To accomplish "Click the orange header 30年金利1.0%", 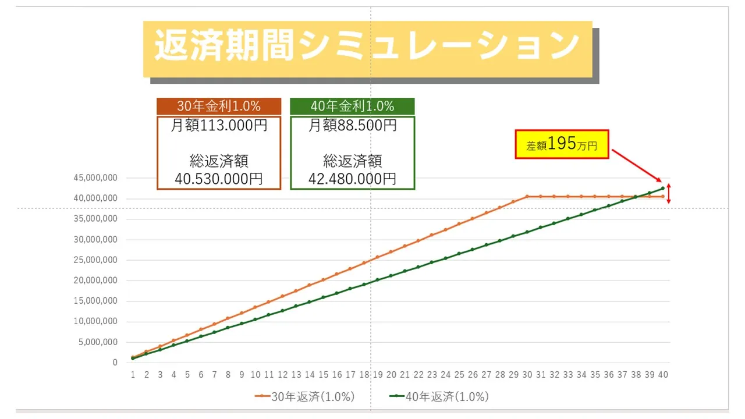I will (x=218, y=106).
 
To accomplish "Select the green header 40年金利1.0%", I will (x=352, y=106).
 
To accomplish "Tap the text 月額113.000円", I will (x=219, y=125).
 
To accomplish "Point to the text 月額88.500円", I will (x=352, y=125).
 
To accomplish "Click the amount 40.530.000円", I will (x=219, y=179).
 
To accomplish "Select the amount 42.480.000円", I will (x=352, y=179).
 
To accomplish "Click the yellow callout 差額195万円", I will (x=562, y=144).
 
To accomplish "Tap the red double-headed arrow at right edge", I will (x=669, y=193).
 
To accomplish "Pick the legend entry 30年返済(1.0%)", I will (x=305, y=397).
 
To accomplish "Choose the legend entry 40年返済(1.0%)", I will (x=439, y=397).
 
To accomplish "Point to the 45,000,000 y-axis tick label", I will (x=95, y=178).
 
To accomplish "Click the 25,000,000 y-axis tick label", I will (x=95, y=260).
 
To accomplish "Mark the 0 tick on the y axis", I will (x=115, y=363).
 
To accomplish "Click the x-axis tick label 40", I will (x=663, y=375).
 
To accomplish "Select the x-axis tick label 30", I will (x=527, y=375).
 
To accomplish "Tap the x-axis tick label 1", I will (x=133, y=375).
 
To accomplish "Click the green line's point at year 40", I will (x=663, y=188).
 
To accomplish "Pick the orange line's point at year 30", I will (x=527, y=196).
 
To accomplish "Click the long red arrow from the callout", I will (x=636, y=165).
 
